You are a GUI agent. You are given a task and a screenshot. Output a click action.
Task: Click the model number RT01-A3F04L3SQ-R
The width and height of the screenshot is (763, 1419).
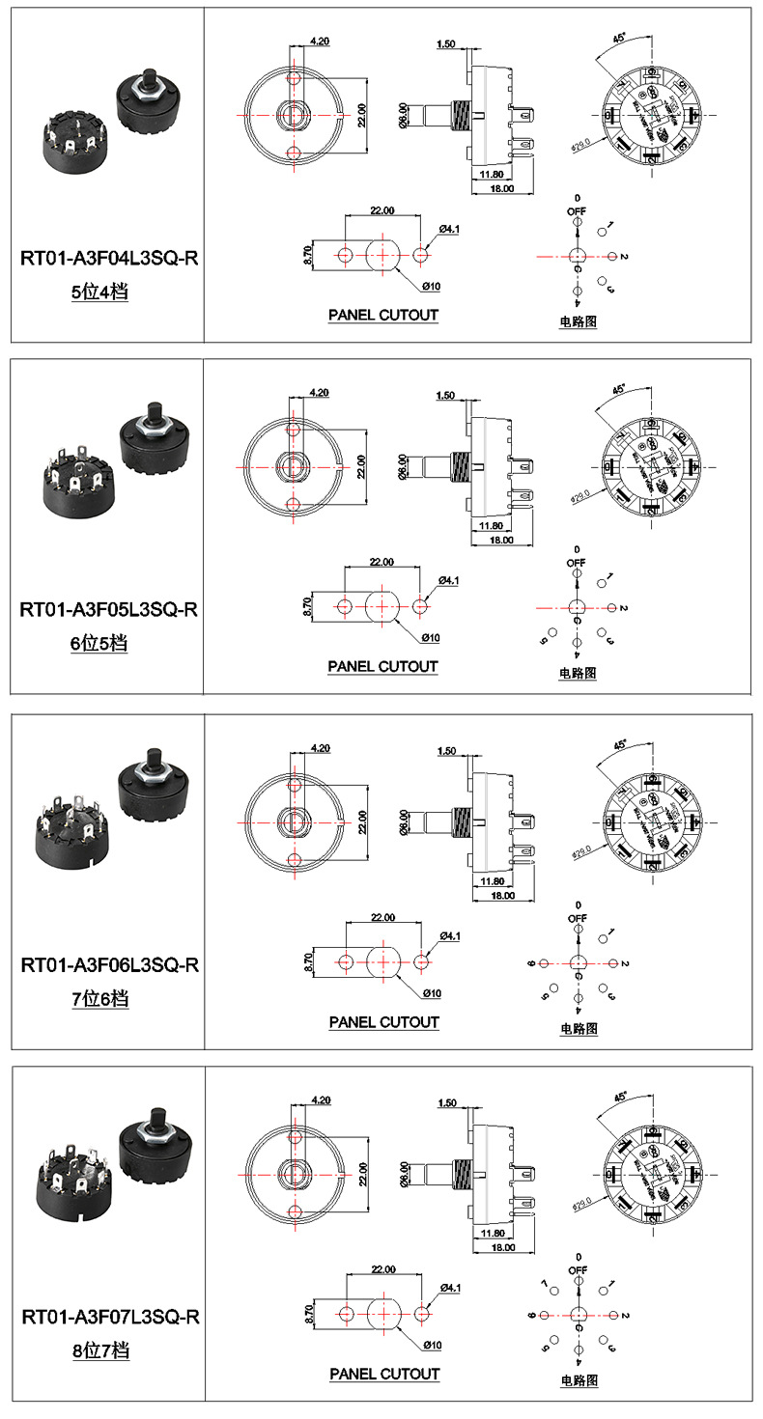(109, 258)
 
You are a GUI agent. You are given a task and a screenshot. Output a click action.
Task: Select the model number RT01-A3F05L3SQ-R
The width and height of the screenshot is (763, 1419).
(109, 609)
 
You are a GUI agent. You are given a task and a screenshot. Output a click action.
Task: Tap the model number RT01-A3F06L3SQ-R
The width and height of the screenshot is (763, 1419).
(109, 964)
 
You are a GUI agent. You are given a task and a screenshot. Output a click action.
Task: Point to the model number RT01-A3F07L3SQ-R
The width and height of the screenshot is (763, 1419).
(109, 1317)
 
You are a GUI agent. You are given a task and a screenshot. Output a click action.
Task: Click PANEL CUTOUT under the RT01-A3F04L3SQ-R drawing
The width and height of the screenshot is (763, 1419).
(383, 315)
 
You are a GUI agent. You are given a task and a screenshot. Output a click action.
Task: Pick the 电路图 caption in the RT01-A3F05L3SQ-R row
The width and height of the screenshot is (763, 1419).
(578, 673)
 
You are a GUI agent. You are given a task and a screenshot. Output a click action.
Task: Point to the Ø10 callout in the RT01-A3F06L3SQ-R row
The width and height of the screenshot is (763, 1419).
(431, 993)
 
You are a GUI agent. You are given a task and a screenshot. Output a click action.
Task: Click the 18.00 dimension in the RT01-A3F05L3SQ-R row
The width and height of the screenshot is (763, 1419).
(501, 541)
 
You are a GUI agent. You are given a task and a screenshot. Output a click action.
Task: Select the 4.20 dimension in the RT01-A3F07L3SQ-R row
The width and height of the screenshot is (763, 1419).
(321, 1100)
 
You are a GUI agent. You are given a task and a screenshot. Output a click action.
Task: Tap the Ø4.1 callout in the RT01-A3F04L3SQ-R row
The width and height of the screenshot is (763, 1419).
(449, 228)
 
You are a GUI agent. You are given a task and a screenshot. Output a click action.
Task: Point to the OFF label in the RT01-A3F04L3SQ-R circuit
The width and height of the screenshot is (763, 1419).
(577, 210)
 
